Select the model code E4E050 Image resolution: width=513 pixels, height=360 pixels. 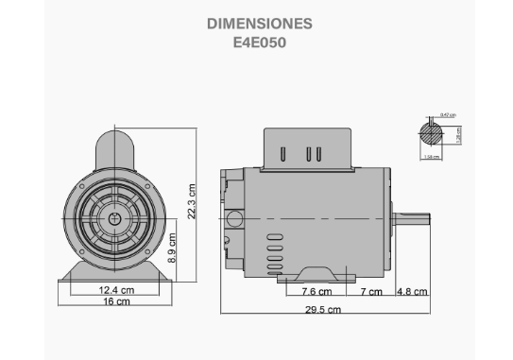259,43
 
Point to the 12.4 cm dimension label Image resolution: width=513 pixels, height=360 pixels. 116,290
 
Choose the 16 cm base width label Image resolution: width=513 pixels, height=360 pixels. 116,302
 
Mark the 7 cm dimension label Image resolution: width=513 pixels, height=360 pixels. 370,292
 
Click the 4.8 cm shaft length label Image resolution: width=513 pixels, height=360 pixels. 412,292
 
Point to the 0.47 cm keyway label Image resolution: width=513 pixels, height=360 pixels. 447,115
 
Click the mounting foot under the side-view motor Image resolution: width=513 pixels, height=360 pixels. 317,275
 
